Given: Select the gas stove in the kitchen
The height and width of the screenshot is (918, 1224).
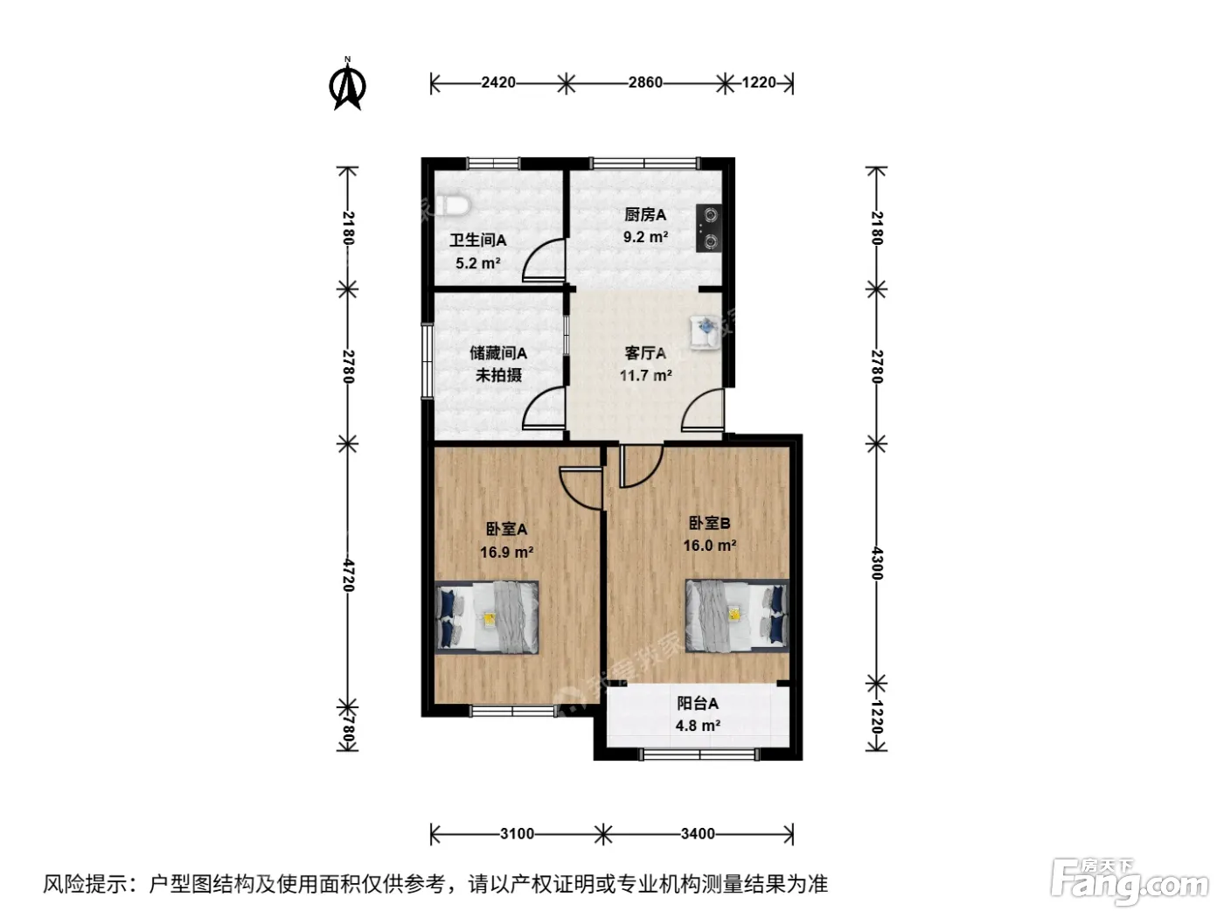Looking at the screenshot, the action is (709, 228).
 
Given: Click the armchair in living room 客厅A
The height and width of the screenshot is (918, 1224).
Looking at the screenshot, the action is (705, 332).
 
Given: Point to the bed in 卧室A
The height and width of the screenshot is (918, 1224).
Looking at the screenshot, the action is (487, 617).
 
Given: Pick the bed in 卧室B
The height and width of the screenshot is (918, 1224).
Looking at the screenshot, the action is (737, 615).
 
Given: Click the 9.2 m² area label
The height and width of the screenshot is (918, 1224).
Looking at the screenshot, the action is (645, 237).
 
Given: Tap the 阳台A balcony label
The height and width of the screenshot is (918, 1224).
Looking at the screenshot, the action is (697, 703).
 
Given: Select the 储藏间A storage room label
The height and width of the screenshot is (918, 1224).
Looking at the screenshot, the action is (498, 353).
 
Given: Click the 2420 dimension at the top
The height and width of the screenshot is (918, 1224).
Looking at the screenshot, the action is (498, 82).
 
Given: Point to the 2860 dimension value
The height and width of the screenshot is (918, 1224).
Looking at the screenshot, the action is (645, 82).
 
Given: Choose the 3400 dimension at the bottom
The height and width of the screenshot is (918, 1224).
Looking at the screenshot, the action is (698, 834).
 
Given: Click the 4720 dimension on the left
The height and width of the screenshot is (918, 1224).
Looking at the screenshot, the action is (349, 575).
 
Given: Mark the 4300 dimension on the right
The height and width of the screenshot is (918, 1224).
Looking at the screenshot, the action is (877, 564).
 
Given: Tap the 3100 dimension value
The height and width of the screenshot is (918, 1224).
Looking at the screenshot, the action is (517, 834).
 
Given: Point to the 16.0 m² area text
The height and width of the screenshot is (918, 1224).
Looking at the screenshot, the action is (709, 545).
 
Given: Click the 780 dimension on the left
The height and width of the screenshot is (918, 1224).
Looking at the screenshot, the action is (349, 729).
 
